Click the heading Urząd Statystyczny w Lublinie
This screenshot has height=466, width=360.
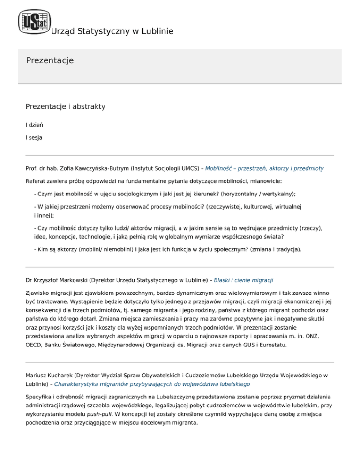point(112,31)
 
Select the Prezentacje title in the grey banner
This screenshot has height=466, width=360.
point(50,61)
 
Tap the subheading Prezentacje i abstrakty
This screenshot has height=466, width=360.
point(65,106)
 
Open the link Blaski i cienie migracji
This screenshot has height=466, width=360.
point(243,280)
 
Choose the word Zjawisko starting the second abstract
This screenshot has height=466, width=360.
point(39,293)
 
